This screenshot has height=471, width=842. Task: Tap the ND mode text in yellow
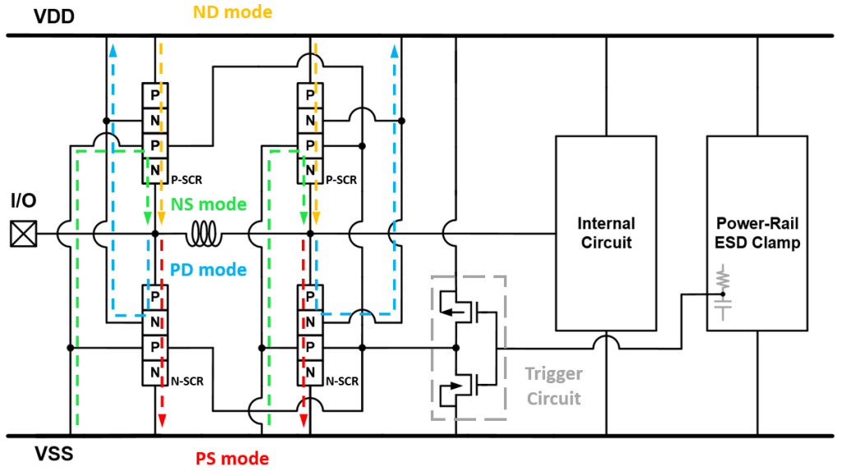[232, 12]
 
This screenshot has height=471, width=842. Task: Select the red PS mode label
[231, 458]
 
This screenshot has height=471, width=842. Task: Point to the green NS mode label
[210, 205]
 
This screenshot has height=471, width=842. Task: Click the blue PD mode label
[210, 268]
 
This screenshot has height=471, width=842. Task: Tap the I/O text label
[23, 201]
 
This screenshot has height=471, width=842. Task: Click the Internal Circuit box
[605, 233]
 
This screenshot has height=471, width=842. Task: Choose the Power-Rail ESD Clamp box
[757, 233]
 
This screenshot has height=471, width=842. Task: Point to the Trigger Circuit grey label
[553, 386]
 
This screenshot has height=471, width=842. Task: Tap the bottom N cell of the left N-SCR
[155, 373]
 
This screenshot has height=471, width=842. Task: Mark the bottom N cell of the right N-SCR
[309, 373]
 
